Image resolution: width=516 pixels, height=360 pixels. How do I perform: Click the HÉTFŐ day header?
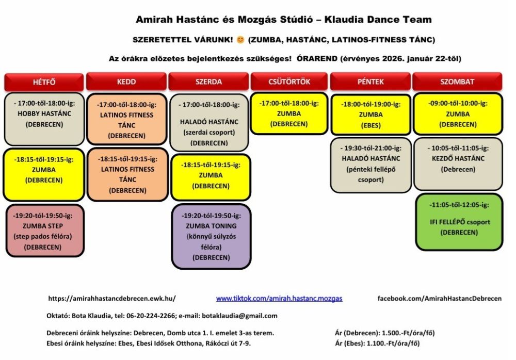[x=44, y=82]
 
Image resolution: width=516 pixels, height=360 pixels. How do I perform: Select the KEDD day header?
[x=126, y=82]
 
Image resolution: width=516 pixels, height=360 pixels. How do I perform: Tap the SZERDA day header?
[x=209, y=82]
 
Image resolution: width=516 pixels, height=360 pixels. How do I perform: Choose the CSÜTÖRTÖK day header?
[x=289, y=82]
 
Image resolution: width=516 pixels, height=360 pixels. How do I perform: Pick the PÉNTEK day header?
[x=370, y=82]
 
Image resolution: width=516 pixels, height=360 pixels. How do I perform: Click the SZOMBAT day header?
[x=457, y=82]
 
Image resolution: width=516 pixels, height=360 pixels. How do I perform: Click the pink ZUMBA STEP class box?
[x=44, y=231]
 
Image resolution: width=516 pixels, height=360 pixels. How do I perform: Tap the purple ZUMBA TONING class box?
[x=211, y=236]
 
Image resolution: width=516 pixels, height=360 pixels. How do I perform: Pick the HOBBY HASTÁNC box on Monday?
[x=44, y=119]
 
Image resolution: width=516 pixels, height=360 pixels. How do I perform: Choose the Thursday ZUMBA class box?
[x=288, y=113]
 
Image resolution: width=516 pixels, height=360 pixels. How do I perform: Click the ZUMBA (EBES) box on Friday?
[x=370, y=114]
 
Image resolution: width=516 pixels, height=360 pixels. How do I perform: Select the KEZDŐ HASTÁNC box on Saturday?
[x=458, y=163]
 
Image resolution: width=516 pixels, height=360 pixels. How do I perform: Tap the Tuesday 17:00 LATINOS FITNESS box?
[x=126, y=119]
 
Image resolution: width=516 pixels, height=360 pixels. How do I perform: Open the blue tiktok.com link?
[x=279, y=299]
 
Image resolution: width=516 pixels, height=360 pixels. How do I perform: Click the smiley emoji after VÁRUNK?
[x=240, y=40]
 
